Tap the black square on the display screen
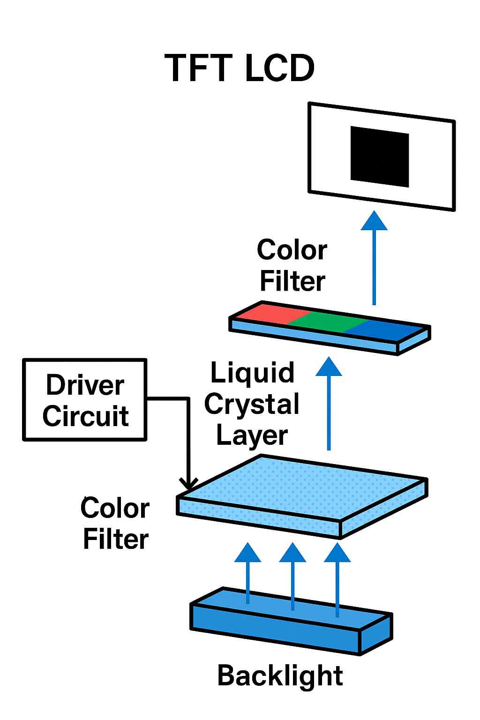pos(380,156)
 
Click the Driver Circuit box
pos(85,400)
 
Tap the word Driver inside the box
pos(85,385)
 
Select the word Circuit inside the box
pos(85,416)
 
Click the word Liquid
pos(252,373)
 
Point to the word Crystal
pos(252,404)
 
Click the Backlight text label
pos(280,675)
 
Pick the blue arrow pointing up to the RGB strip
pos(329,403)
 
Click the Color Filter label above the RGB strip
pos(292,265)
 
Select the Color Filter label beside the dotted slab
pos(115,524)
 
